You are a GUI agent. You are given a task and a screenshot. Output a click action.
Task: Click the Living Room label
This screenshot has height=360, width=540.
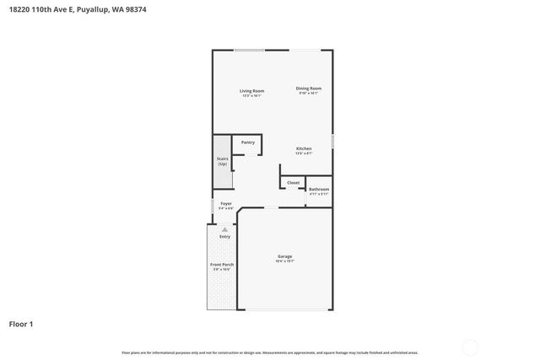click(x=251, y=90)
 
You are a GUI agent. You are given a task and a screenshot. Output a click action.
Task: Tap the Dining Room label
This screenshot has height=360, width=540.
click(x=308, y=88)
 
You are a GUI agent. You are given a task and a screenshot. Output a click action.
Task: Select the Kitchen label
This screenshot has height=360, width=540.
click(x=304, y=148)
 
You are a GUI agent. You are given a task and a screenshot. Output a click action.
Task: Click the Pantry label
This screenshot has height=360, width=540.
click(x=248, y=142)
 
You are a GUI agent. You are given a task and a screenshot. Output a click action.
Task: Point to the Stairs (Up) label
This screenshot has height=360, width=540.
click(x=223, y=160)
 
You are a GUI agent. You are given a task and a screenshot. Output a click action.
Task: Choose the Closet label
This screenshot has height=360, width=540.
click(x=293, y=182)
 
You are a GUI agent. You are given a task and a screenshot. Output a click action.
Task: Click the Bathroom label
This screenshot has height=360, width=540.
click(x=318, y=189)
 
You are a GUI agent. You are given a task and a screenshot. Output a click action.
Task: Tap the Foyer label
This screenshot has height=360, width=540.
click(x=226, y=203)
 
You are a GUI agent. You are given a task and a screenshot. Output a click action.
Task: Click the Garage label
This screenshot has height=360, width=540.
click(x=285, y=256)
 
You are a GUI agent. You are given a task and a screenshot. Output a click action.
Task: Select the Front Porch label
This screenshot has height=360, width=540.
click(x=222, y=265)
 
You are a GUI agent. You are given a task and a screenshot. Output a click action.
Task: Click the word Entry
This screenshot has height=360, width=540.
click(x=224, y=236)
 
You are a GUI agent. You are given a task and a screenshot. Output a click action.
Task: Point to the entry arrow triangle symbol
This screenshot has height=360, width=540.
click(x=224, y=228)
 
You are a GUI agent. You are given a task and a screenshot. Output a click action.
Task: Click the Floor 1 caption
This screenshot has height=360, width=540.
click(x=21, y=323)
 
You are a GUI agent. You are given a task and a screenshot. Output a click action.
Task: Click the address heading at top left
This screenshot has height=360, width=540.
click(x=67, y=9)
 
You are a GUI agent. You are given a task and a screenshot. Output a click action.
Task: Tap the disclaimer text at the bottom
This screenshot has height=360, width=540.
click(x=270, y=352)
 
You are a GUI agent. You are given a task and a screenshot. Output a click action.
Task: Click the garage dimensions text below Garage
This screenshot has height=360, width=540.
click(x=285, y=261)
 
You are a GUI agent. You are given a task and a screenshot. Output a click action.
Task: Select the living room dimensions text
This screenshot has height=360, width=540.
click(x=251, y=95)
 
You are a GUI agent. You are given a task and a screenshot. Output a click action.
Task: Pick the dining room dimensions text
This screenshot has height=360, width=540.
click(x=308, y=93)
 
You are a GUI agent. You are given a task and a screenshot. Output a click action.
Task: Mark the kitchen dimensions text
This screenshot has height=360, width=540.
click(x=304, y=153)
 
